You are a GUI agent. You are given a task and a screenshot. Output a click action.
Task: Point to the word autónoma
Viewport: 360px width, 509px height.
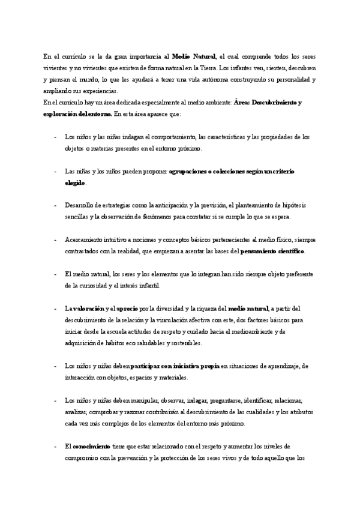(203, 79)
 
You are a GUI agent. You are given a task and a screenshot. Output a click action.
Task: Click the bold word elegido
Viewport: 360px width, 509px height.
(75, 182)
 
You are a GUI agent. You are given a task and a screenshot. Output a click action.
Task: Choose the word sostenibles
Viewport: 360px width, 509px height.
(184, 343)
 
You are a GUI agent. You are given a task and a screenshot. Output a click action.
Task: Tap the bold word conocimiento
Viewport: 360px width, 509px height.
(91, 446)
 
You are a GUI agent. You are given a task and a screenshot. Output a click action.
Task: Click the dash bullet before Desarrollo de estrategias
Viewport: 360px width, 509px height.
(55, 205)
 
